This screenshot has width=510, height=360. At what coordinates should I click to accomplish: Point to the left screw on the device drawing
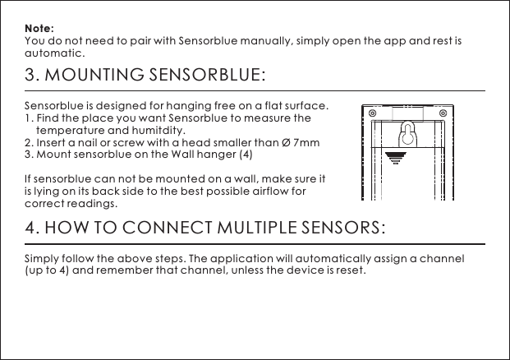(x=374, y=113)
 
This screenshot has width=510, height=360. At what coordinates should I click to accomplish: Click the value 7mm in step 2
(x=306, y=142)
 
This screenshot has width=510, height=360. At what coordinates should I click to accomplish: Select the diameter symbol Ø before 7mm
(x=286, y=142)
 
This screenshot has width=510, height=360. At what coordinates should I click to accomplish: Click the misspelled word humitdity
(x=160, y=130)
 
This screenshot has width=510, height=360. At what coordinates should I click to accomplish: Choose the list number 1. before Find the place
(x=30, y=118)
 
